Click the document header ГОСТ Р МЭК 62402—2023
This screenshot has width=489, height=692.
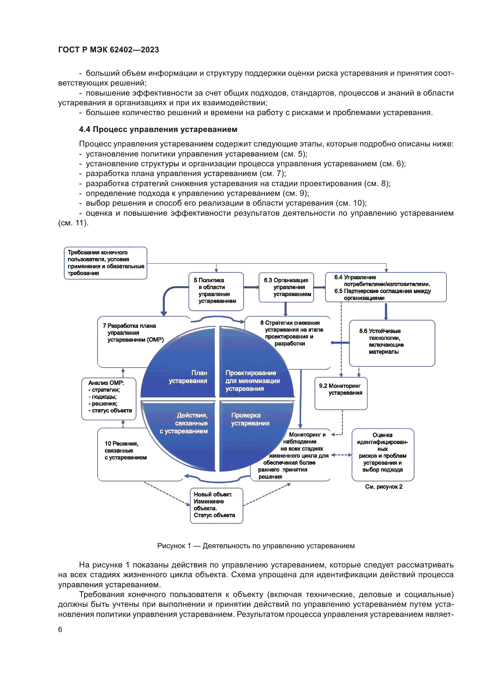coord(109,49)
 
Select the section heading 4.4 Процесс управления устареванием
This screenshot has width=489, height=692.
coord(158,129)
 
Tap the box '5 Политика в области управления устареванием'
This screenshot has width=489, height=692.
coord(216,291)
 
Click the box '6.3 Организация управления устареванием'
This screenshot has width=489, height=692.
coord(286,287)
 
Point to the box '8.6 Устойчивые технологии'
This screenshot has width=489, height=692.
coord(391,343)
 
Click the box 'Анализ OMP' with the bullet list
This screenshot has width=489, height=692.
coord(109,399)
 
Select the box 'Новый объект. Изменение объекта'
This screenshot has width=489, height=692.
coord(216,505)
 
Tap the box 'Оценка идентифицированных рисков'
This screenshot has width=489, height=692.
coord(382,454)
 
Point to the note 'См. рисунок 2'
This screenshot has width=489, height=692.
coord(384,486)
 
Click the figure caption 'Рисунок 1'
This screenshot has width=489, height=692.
coord(256,546)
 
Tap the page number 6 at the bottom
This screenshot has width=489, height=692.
coord(60,629)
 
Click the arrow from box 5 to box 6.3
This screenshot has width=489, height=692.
coord(251,287)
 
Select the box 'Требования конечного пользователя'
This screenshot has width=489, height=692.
coord(105,263)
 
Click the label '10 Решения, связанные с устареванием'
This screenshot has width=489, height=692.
coord(126,450)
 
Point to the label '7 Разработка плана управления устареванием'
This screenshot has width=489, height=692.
coord(133,333)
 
